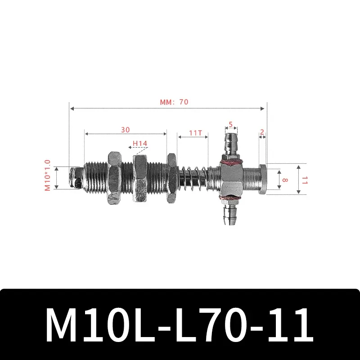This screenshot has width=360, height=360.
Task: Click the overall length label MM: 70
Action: (174, 102)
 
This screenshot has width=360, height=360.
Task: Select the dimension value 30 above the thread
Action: (125, 130)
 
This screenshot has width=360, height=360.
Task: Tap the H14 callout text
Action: (139, 144)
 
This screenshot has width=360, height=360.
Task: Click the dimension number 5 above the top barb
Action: (230, 125)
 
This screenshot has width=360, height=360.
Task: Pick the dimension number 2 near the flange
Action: (262, 132)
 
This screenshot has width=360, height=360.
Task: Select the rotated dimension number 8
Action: (285, 179)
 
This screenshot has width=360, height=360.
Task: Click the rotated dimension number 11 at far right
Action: (305, 180)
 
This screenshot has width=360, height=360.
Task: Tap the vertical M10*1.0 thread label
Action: (48, 175)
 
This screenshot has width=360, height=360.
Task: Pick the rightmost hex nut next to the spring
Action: (171, 179)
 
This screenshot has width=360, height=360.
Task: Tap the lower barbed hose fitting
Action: (230, 214)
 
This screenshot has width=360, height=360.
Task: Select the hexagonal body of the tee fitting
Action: (230, 178)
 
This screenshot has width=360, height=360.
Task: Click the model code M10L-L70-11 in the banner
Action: (180, 324)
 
